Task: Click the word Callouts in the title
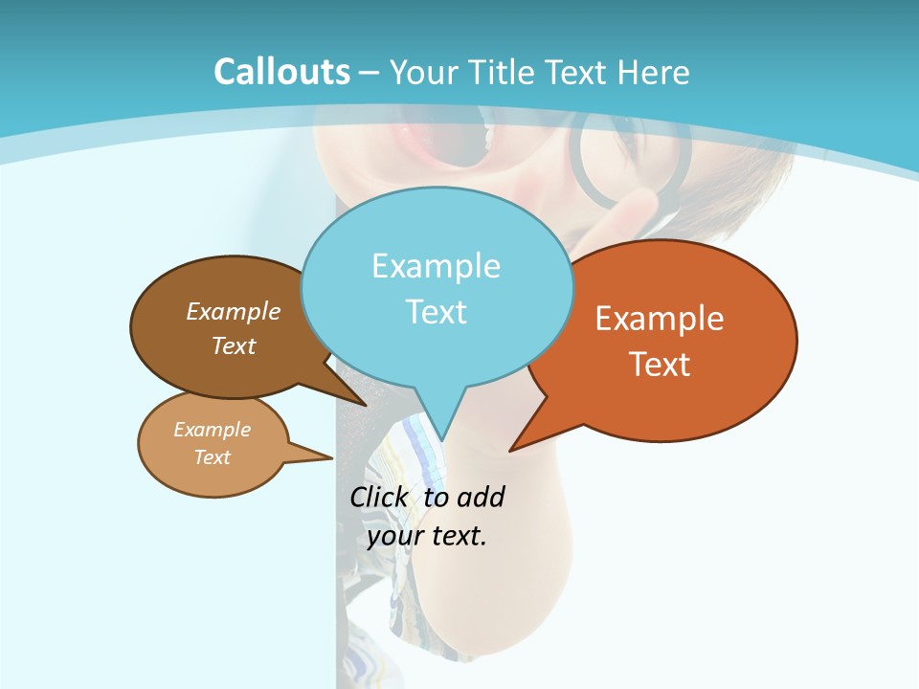(x=281, y=72)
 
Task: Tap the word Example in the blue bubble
(x=436, y=266)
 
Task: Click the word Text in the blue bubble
(x=436, y=312)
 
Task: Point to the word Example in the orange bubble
(x=660, y=319)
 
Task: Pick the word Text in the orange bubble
(x=660, y=365)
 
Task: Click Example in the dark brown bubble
(x=234, y=311)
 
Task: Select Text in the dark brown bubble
(x=234, y=345)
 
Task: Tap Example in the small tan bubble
(x=212, y=430)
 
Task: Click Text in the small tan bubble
(x=212, y=457)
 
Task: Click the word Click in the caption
(x=379, y=498)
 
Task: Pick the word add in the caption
(x=481, y=498)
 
